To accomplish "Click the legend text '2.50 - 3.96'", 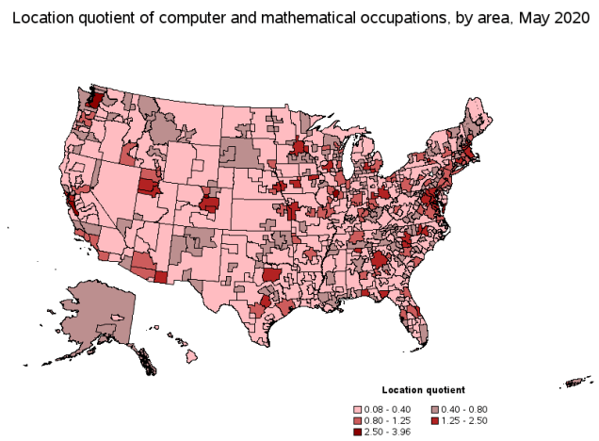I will pyautogui.click(x=385, y=431).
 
